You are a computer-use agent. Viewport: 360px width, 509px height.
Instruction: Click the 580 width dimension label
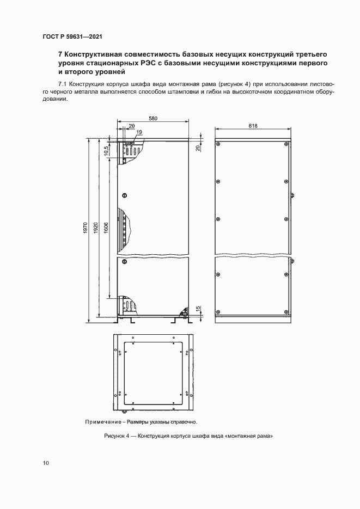pyautogui.click(x=153, y=118)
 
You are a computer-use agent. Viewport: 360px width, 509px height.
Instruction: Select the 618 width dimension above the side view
pyautogui.click(x=253, y=126)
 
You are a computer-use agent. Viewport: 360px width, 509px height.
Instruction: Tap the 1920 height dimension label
pyautogui.click(x=95, y=229)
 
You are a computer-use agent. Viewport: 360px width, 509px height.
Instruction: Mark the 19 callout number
pyautogui.click(x=139, y=132)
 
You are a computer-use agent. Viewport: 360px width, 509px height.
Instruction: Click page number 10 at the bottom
pyautogui.click(x=46, y=463)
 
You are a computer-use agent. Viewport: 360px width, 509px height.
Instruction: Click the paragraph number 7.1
pyautogui.click(x=62, y=84)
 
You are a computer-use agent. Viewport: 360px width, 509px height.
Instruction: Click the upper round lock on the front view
pyautogui.click(x=125, y=194)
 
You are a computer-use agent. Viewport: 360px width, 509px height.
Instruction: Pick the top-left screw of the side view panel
pyautogui.click(x=218, y=144)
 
